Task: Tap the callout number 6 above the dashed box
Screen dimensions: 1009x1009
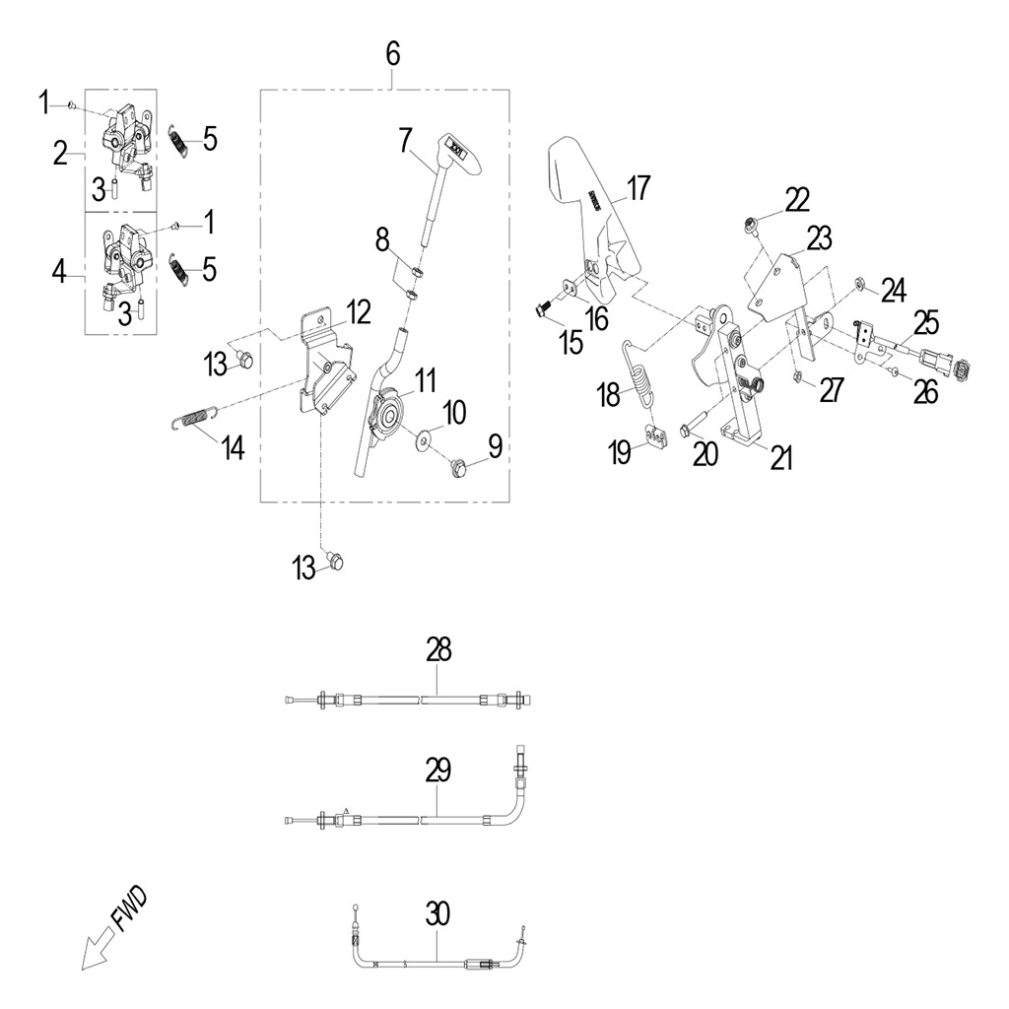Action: [x=393, y=55]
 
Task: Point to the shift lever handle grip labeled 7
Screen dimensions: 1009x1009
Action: [x=453, y=149]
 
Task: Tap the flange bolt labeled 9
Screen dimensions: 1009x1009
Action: [x=457, y=466]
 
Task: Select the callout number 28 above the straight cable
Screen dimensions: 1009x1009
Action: [x=438, y=649]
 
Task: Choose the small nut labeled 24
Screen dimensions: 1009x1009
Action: [x=860, y=284]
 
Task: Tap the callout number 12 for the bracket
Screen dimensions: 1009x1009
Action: [x=357, y=312]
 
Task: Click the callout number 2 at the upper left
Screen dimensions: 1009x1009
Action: [x=60, y=153]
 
